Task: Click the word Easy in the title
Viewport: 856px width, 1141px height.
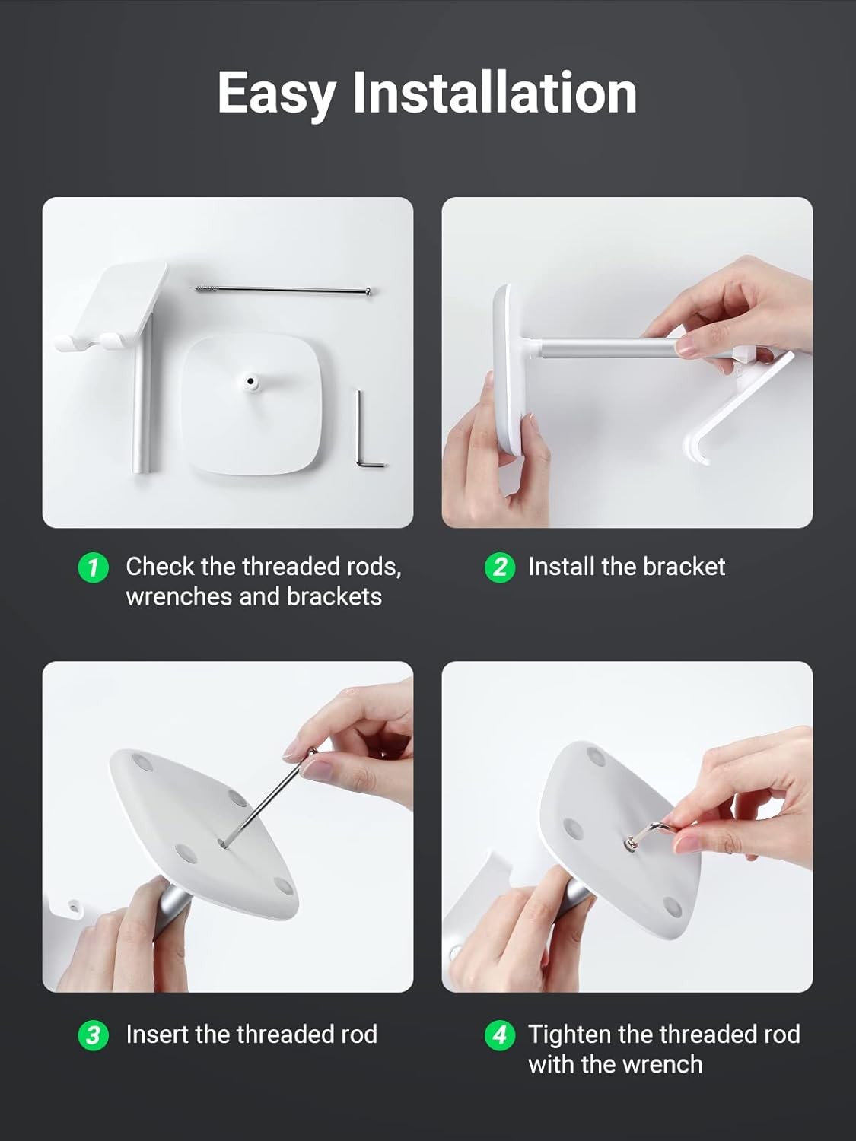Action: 276,94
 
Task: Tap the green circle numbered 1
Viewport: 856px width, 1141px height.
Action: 93,568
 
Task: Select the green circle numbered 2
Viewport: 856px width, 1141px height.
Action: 499,567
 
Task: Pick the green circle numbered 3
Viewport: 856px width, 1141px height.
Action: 93,1035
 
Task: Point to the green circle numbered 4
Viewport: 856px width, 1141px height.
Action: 499,1035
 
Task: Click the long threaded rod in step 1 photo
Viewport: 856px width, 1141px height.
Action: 283,289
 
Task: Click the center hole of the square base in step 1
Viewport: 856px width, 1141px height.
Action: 250,382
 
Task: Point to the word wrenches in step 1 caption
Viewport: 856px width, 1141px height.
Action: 178,598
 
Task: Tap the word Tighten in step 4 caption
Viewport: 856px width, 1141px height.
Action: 569,1035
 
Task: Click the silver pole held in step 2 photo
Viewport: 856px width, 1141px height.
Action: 608,347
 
